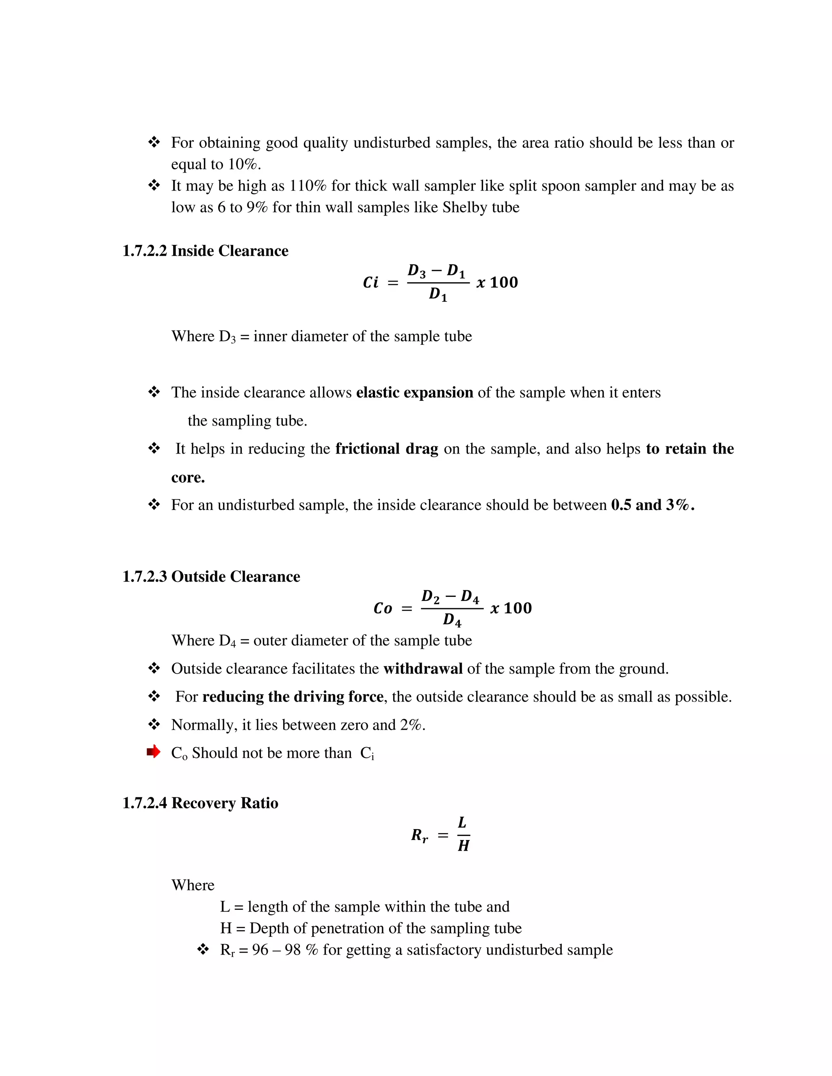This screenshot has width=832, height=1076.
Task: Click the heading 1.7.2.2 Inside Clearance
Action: [x=205, y=251]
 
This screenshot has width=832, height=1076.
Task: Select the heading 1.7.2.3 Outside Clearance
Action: [x=211, y=577]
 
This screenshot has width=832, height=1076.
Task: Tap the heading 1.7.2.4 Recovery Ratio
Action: [x=200, y=803]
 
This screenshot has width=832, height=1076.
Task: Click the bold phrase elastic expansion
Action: [x=414, y=393]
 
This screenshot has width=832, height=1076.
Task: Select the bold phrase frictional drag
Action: [x=386, y=449]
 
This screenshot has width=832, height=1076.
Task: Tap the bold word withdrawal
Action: [x=423, y=669]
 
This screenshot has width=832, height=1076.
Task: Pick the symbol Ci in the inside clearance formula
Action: [x=370, y=283]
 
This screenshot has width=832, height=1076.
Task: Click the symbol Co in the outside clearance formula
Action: [x=383, y=609]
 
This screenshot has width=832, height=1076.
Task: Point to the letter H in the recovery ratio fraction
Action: [x=463, y=846]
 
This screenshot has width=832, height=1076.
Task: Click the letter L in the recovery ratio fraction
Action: [x=462, y=822]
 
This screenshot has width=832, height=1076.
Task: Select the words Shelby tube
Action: [x=481, y=207]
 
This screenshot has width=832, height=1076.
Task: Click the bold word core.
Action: [x=188, y=478]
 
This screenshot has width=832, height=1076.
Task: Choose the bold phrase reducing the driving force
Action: [x=293, y=697]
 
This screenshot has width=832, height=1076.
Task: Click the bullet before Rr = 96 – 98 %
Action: [x=203, y=949]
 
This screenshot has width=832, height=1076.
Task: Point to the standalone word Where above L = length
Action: [x=193, y=885]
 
